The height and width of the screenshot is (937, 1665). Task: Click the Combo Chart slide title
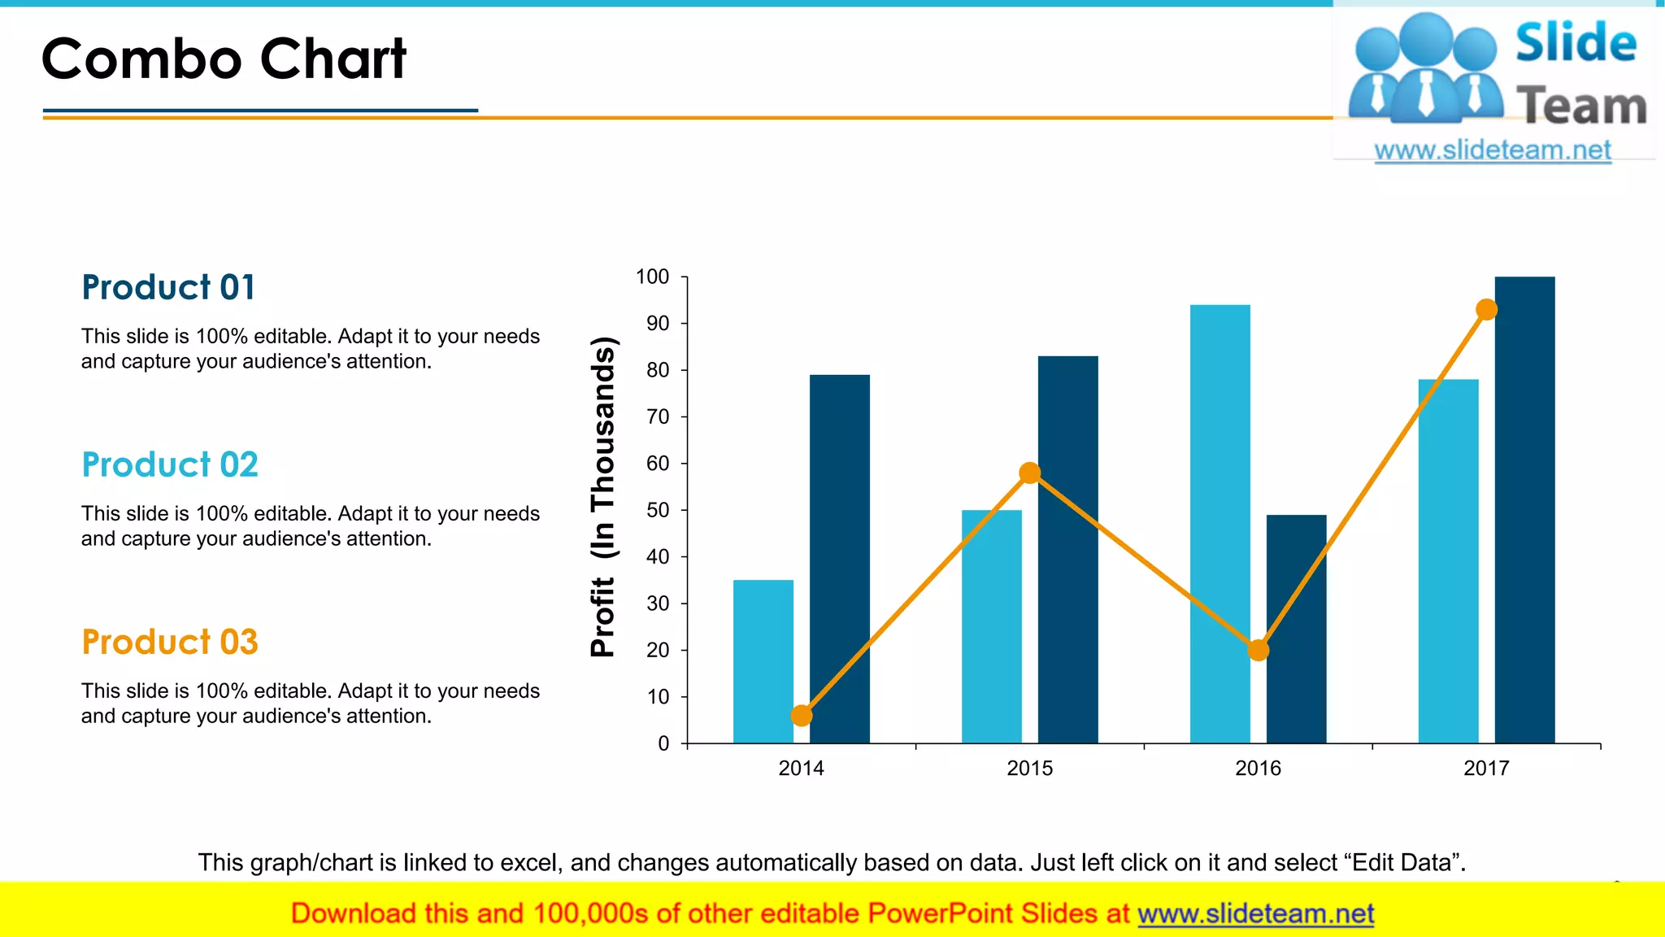pos(224,59)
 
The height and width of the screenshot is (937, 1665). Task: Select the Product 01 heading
pos(169,287)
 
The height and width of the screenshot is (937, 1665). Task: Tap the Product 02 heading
pos(170,464)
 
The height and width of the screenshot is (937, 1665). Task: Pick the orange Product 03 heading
pos(170,642)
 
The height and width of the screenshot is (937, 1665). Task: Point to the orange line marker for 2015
pos(1029,473)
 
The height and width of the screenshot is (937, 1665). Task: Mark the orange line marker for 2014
pos(801,716)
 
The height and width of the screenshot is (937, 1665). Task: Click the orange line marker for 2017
pos(1486,309)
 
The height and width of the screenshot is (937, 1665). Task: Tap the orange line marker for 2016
pos(1258,650)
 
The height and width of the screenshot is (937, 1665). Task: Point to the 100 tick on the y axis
pos(652,277)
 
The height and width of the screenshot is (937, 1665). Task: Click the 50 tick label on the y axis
pos(657,511)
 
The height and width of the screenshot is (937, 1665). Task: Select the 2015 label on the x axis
pos(1029,768)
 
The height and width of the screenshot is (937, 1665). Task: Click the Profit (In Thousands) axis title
pos(603,496)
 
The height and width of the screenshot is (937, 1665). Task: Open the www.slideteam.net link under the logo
pos(1493,150)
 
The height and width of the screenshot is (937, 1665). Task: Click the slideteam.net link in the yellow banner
pos(1255,914)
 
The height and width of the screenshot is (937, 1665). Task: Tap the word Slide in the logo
pos(1576,42)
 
